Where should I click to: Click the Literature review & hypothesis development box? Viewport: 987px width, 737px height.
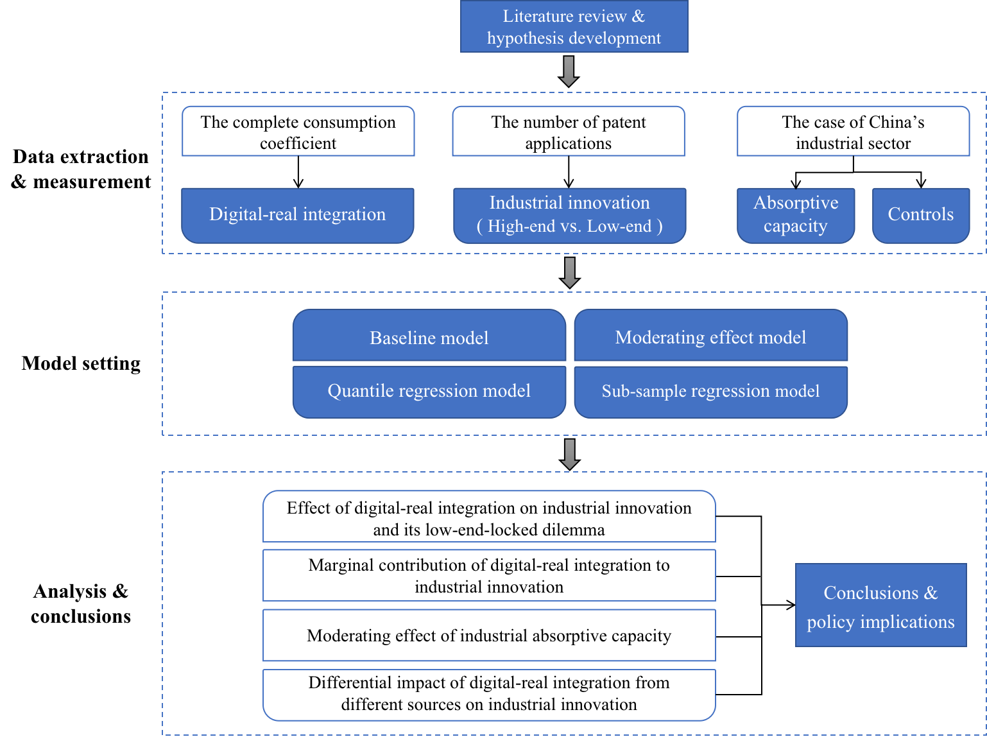574,26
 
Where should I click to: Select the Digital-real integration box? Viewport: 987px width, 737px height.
298,216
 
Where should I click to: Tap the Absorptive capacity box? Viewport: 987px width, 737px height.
796,216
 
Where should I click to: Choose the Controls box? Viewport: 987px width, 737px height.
920,216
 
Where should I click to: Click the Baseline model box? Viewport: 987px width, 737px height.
429,335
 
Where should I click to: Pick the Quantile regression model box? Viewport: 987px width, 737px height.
429,392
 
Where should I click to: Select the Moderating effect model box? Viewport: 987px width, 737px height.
710,335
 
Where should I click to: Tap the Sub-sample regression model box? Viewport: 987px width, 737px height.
710,392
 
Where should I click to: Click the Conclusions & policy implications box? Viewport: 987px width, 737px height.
880,605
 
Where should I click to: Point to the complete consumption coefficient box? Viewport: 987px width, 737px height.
298,132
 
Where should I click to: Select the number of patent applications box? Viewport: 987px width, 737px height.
569,132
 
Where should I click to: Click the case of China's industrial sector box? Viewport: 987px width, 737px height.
853,132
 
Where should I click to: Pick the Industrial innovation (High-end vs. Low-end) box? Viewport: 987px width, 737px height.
569,216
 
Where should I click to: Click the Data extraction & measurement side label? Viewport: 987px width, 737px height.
81,169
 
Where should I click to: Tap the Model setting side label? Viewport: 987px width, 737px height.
81,363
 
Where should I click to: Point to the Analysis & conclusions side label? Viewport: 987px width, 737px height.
81,603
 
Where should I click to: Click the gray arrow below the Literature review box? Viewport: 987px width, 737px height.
569,71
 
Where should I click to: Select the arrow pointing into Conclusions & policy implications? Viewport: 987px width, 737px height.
778,605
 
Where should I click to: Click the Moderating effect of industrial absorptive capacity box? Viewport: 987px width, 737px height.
489,635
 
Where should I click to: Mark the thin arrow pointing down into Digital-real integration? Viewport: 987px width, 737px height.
298,172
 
